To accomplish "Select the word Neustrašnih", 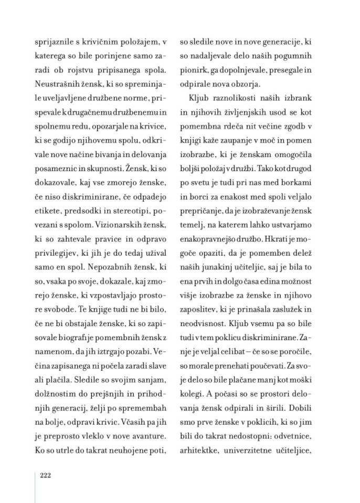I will coord(57,83).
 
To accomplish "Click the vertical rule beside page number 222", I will coord(35,486).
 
